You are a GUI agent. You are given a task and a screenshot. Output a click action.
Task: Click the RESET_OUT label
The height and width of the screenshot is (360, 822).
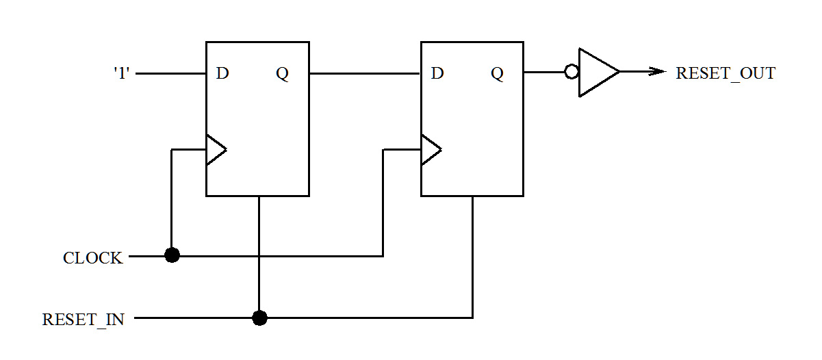tap(725, 73)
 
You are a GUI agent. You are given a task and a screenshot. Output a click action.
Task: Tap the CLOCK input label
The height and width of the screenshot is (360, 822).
tap(93, 258)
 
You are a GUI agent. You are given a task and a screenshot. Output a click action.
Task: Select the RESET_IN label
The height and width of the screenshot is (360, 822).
tap(84, 320)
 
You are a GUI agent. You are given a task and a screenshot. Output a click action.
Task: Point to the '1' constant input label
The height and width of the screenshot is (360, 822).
tap(121, 73)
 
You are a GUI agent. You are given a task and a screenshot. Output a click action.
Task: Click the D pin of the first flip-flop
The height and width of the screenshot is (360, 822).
tap(222, 73)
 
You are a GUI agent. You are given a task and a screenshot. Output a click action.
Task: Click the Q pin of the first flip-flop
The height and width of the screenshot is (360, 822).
tap(282, 73)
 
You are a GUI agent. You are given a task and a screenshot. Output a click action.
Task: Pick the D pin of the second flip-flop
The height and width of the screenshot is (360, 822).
tap(437, 73)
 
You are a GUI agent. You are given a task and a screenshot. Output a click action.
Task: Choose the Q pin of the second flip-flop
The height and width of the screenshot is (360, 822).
tap(498, 73)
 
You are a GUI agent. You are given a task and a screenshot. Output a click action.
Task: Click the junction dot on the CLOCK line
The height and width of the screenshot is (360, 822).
tap(172, 255)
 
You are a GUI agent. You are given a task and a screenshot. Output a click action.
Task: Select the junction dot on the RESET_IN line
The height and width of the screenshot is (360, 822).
tap(259, 318)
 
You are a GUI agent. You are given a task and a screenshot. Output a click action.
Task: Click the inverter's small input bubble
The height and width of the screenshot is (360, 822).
tap(571, 72)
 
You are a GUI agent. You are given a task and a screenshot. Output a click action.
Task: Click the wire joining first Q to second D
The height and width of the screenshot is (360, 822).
tap(365, 73)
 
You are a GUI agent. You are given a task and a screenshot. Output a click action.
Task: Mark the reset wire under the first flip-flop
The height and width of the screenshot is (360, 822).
tap(259, 233)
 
